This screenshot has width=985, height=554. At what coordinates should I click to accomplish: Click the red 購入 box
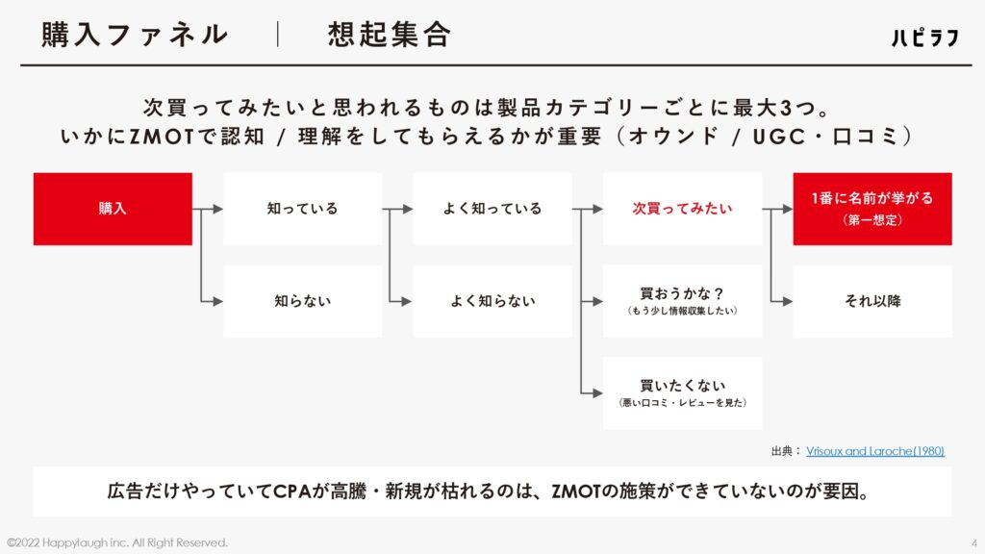coord(113,209)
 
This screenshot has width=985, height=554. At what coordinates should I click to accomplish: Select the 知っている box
coord(303,209)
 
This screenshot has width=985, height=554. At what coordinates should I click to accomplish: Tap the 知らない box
coord(303,301)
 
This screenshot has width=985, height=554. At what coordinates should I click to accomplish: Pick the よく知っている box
coord(492,209)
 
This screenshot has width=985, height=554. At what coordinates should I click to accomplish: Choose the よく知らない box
coord(492,301)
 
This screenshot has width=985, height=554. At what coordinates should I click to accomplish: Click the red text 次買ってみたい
coord(682,209)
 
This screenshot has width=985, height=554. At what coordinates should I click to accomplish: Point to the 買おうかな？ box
coord(682,301)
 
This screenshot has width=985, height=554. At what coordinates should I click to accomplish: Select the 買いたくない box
coord(682,393)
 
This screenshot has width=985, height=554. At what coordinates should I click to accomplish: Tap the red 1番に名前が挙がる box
coord(872,209)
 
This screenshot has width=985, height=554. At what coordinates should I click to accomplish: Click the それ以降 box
coord(872,301)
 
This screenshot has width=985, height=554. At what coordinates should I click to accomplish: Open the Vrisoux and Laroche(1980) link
coord(875,451)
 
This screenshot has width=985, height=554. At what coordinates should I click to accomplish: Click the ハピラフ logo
coord(925,38)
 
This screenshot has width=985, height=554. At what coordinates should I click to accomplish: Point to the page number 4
coord(974,543)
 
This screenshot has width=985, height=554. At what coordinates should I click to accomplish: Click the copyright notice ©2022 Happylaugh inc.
coord(116,542)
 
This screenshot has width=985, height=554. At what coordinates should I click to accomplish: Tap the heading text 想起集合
coord(390,35)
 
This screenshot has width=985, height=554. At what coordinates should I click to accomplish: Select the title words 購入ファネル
coord(135,35)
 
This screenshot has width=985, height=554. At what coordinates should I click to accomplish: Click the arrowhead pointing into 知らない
coord(218,301)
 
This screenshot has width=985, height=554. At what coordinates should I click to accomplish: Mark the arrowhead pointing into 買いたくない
coord(598,393)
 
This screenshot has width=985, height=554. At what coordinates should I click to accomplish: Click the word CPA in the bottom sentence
coord(292,491)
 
